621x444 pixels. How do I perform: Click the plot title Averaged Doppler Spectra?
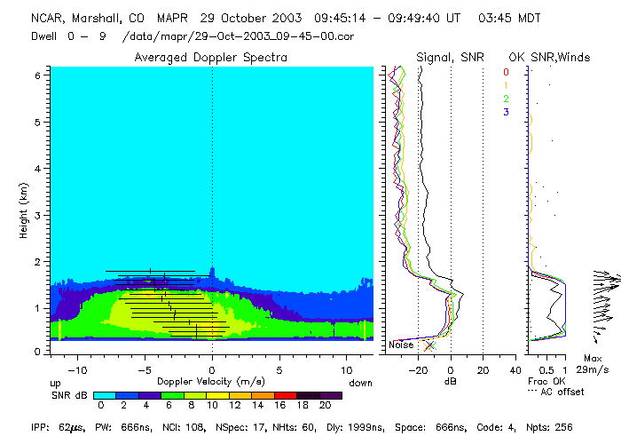pyautogui.click(x=210, y=57)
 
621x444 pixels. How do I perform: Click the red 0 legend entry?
pyautogui.click(x=506, y=72)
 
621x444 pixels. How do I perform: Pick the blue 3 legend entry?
pyautogui.click(x=506, y=112)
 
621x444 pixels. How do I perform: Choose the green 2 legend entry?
pyautogui.click(x=506, y=99)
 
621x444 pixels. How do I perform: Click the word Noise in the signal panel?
pyautogui.click(x=401, y=345)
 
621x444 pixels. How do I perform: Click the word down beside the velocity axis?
pyautogui.click(x=360, y=383)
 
